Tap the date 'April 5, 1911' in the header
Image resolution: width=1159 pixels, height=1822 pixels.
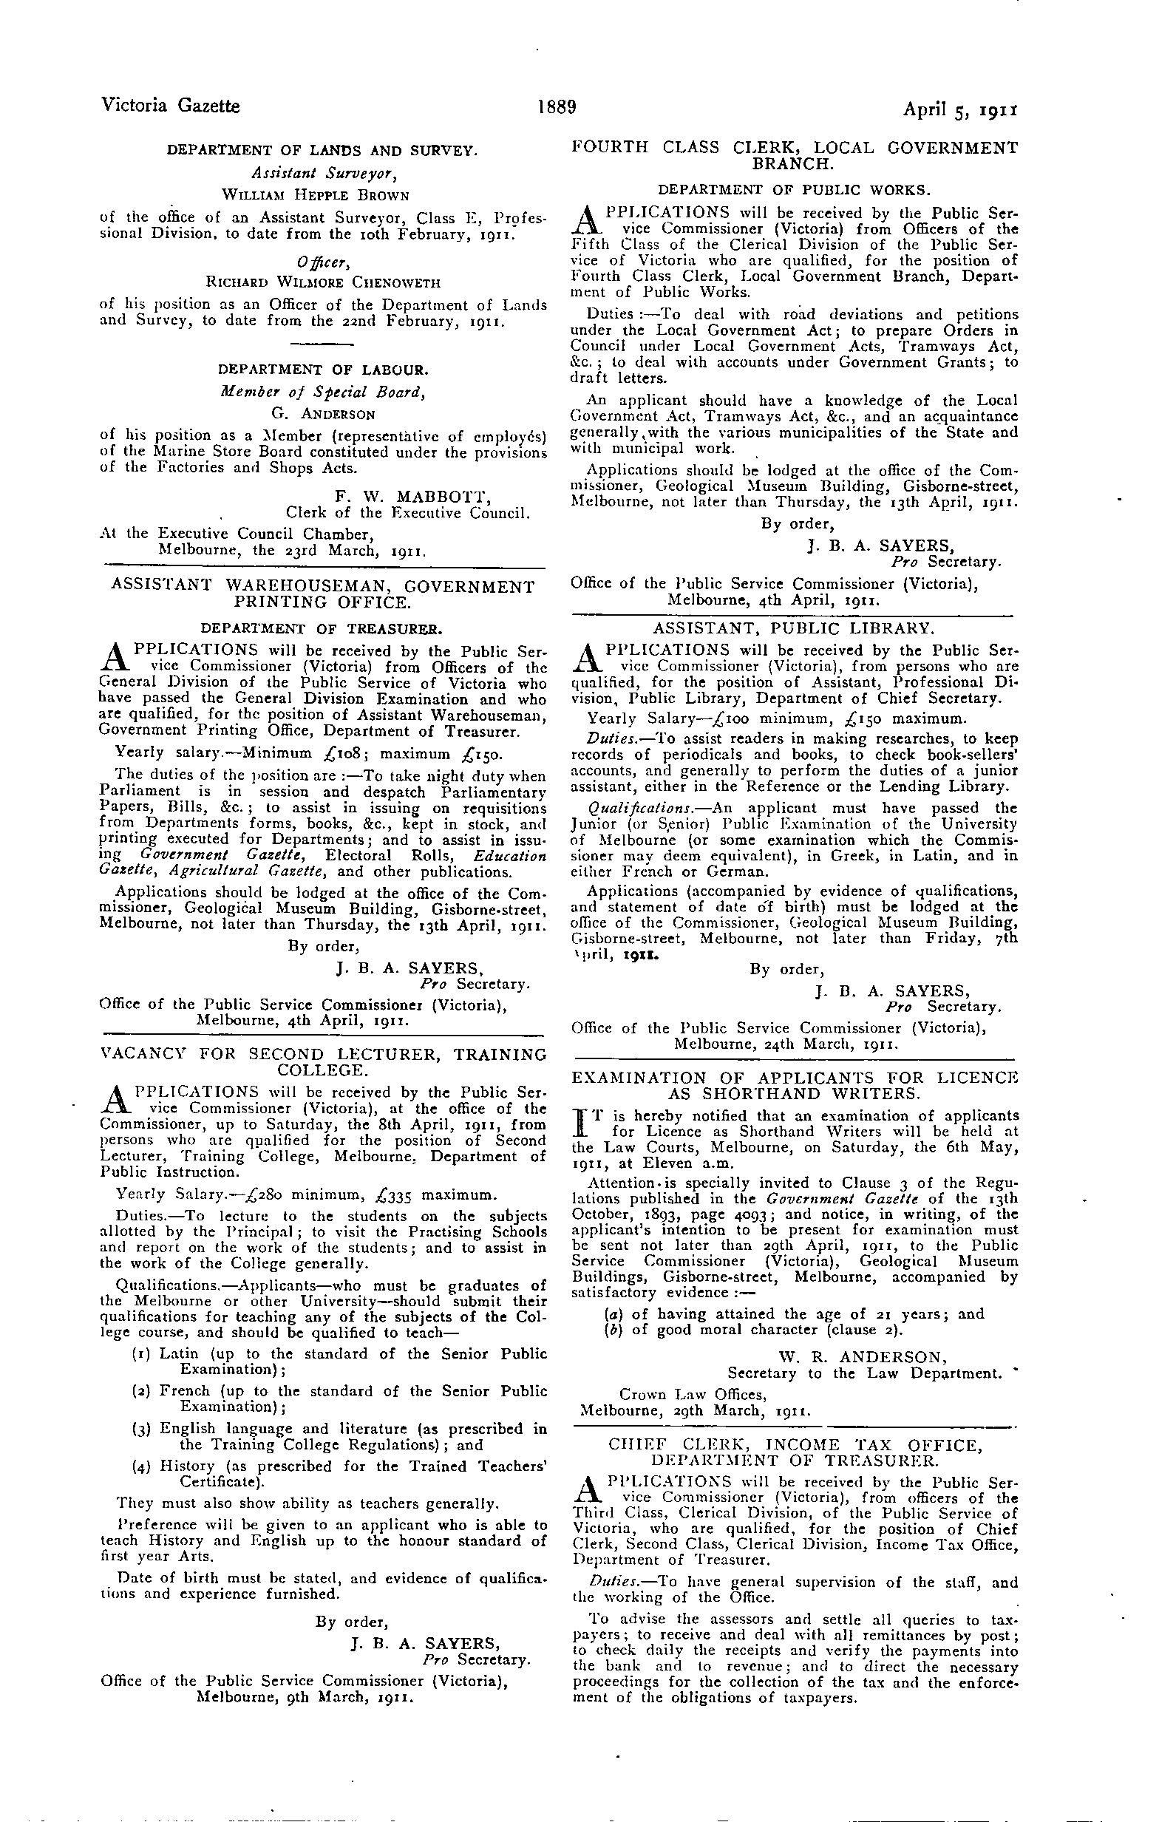click(959, 108)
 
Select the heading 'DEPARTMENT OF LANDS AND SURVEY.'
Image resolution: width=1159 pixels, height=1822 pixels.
click(322, 151)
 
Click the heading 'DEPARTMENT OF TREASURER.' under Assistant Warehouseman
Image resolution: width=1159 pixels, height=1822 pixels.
click(321, 629)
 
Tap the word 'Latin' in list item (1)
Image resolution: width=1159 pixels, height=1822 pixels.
click(179, 1353)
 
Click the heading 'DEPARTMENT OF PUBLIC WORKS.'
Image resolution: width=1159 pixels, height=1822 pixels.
click(795, 188)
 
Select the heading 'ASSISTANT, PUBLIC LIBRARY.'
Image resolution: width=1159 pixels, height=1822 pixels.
click(794, 628)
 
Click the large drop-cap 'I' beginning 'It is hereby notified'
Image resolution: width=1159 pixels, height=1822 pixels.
click(582, 1124)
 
